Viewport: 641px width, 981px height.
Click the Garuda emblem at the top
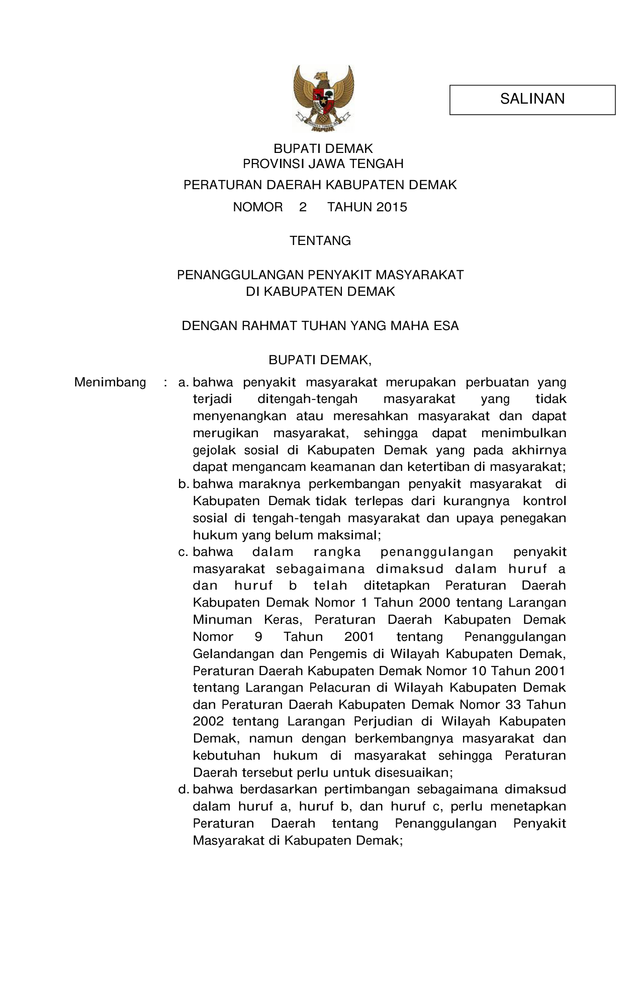pos(324,98)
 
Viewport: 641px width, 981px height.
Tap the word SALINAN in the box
pos(532,99)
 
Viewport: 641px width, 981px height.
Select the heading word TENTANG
pos(320,241)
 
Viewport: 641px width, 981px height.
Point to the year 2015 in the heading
pos(391,207)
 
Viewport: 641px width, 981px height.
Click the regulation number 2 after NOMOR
pos(303,207)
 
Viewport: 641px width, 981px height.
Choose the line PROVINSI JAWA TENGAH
pos(323,164)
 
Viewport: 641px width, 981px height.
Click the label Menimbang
pos(110,382)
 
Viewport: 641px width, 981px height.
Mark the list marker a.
pos(183,383)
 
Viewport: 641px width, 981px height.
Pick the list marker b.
pos(183,484)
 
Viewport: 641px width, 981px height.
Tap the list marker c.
pos(183,552)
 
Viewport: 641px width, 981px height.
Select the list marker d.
pos(183,790)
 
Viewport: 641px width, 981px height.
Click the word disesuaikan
pos(407,773)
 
